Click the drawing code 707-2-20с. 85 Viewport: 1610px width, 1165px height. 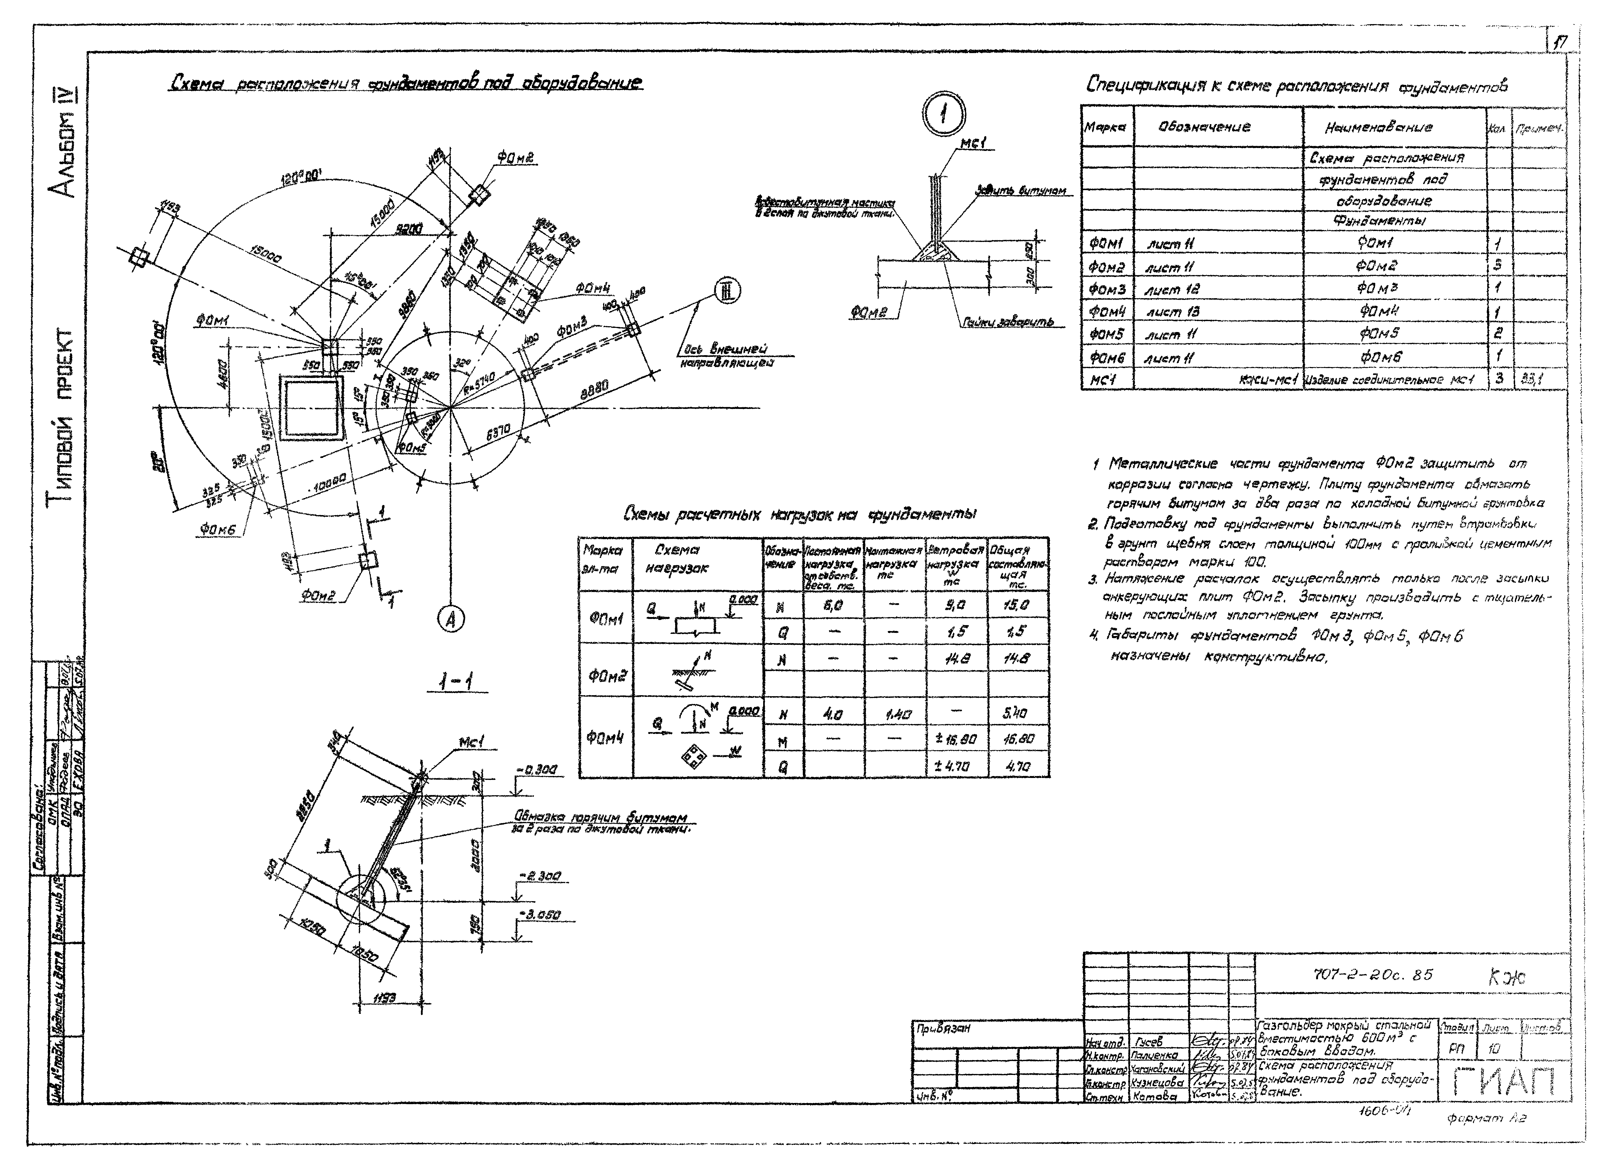[1372, 975]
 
